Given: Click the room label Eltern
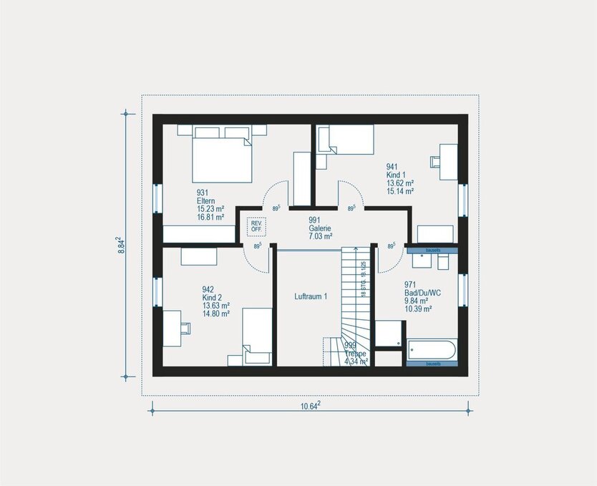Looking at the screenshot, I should [x=206, y=201].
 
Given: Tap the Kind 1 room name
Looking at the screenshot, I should [x=396, y=175].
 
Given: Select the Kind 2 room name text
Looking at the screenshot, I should [x=213, y=297].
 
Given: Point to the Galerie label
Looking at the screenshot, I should [x=320, y=228].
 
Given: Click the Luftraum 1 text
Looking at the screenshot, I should [x=311, y=296].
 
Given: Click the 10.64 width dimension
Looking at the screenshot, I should [x=309, y=406].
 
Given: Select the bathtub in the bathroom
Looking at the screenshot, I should [x=430, y=351].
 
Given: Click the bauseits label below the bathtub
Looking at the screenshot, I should [x=432, y=364].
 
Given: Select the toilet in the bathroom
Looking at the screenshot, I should [x=442, y=263].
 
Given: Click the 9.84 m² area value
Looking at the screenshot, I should [x=417, y=301].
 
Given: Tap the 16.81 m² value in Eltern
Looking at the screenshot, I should [x=210, y=217].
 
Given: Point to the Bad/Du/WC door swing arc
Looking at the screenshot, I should [x=387, y=261].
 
